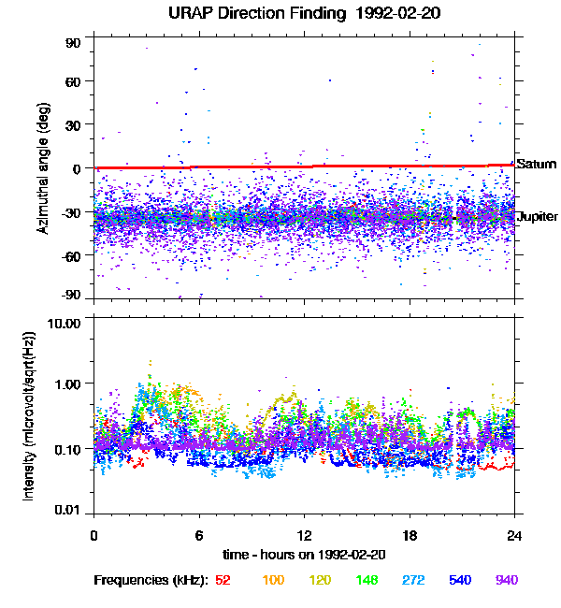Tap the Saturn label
[x=537, y=164]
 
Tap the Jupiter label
[x=538, y=217]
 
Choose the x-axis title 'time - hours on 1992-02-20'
[x=304, y=554]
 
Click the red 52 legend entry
[x=223, y=581]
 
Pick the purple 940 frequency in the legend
[x=507, y=581]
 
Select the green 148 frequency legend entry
[x=368, y=581]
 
